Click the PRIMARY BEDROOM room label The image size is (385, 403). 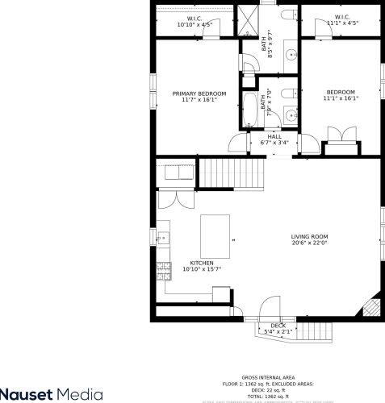(199, 94)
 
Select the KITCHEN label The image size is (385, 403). (201, 264)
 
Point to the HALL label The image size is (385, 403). (274, 136)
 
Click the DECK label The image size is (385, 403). (278, 326)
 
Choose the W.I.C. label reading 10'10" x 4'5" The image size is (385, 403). (195, 19)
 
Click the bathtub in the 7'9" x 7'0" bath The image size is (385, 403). (251, 109)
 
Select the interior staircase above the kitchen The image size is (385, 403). (232, 172)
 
